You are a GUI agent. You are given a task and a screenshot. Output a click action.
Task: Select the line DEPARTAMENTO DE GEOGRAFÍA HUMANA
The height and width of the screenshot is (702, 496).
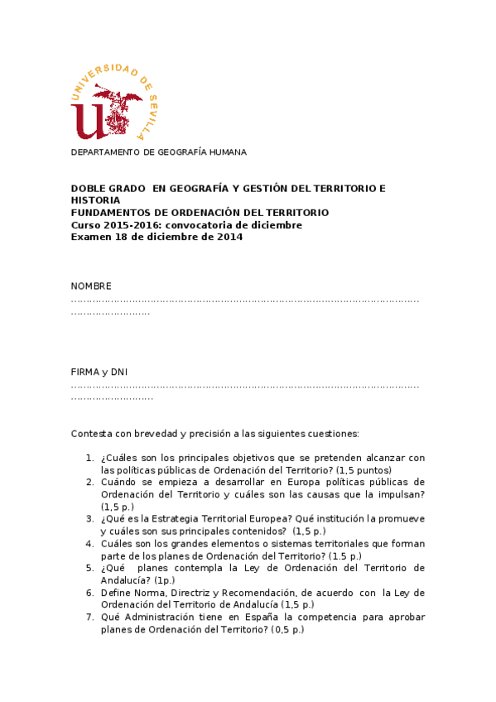(x=158, y=152)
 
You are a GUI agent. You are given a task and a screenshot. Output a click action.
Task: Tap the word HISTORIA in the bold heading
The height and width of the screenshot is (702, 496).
(x=95, y=200)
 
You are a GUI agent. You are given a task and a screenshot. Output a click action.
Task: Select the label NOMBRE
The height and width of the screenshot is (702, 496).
(x=91, y=286)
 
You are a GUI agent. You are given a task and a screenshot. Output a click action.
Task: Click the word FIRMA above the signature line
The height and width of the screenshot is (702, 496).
(x=85, y=372)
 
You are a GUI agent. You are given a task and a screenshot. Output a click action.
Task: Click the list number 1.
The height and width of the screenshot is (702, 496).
(x=89, y=458)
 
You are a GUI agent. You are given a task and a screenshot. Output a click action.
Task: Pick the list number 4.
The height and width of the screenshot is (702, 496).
(x=89, y=544)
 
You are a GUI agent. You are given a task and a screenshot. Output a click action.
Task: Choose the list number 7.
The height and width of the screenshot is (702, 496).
(x=89, y=618)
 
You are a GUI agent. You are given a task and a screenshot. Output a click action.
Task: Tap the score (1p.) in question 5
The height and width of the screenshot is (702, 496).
(x=171, y=580)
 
